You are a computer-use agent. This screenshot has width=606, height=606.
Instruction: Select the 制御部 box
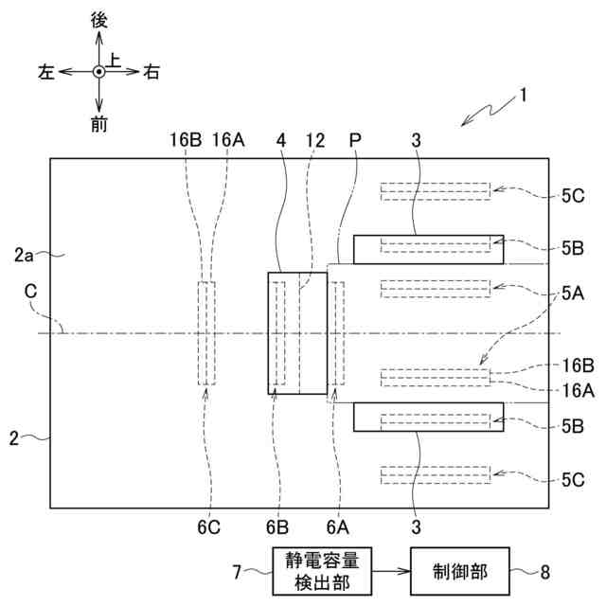coord(459,571)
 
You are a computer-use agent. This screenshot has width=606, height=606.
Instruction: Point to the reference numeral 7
coord(239,571)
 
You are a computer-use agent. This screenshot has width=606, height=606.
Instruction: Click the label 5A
coord(572,294)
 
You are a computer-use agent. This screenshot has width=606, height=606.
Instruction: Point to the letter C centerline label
coord(31,294)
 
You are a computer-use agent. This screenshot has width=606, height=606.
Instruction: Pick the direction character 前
coord(99,123)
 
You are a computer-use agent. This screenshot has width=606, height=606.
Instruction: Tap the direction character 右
coord(151,72)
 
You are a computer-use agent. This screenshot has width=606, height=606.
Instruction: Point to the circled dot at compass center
coord(99,72)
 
